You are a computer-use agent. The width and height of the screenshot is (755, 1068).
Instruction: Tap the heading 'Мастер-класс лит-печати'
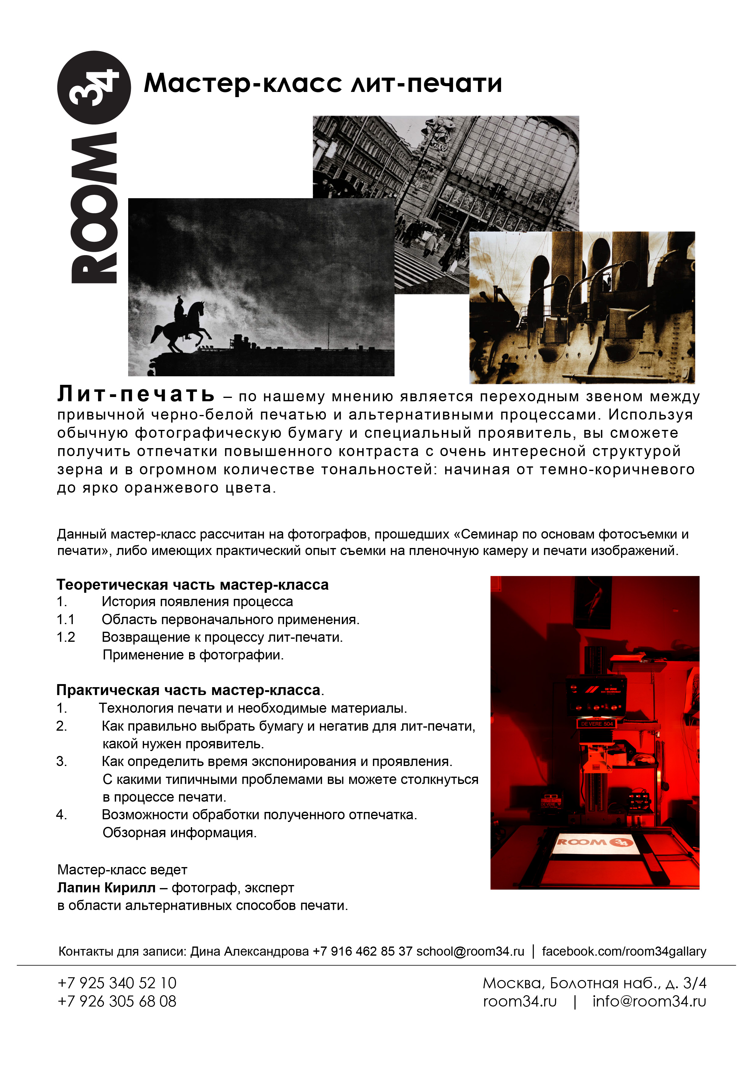pos(323,84)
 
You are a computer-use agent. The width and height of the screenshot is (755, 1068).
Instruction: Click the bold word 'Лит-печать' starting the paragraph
pos(136,395)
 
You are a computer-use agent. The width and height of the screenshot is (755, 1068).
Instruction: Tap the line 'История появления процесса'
pos(197,602)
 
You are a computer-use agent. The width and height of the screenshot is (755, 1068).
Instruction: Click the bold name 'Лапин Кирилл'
pos(106,887)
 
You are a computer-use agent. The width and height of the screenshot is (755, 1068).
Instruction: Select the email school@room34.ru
pos(470,951)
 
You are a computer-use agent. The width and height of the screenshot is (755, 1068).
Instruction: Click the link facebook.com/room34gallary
pos(624,951)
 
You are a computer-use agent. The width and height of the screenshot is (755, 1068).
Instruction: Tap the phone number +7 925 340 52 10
pos(117,983)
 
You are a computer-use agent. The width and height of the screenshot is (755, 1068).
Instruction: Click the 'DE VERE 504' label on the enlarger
pos(597,724)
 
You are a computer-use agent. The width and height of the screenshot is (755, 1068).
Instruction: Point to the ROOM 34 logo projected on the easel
pos(595,841)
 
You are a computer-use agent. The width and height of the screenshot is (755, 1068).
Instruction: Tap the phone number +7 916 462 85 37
pos(362,951)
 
